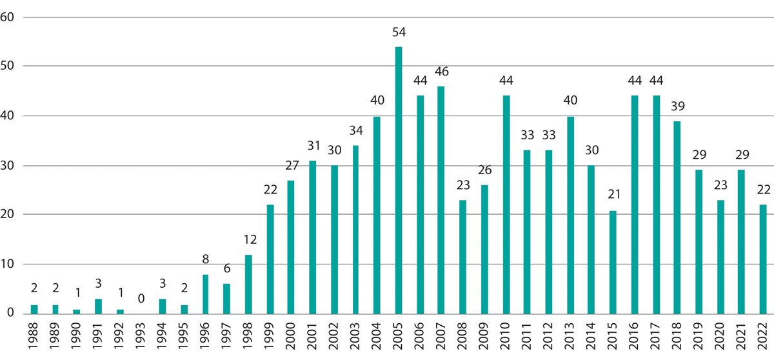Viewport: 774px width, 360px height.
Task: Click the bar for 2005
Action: point(399,180)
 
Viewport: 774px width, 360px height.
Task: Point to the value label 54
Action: point(399,32)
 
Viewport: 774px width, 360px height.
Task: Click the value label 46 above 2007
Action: point(442,72)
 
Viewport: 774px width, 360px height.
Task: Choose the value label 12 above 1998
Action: point(248,240)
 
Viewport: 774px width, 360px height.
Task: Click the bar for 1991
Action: point(98,306)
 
